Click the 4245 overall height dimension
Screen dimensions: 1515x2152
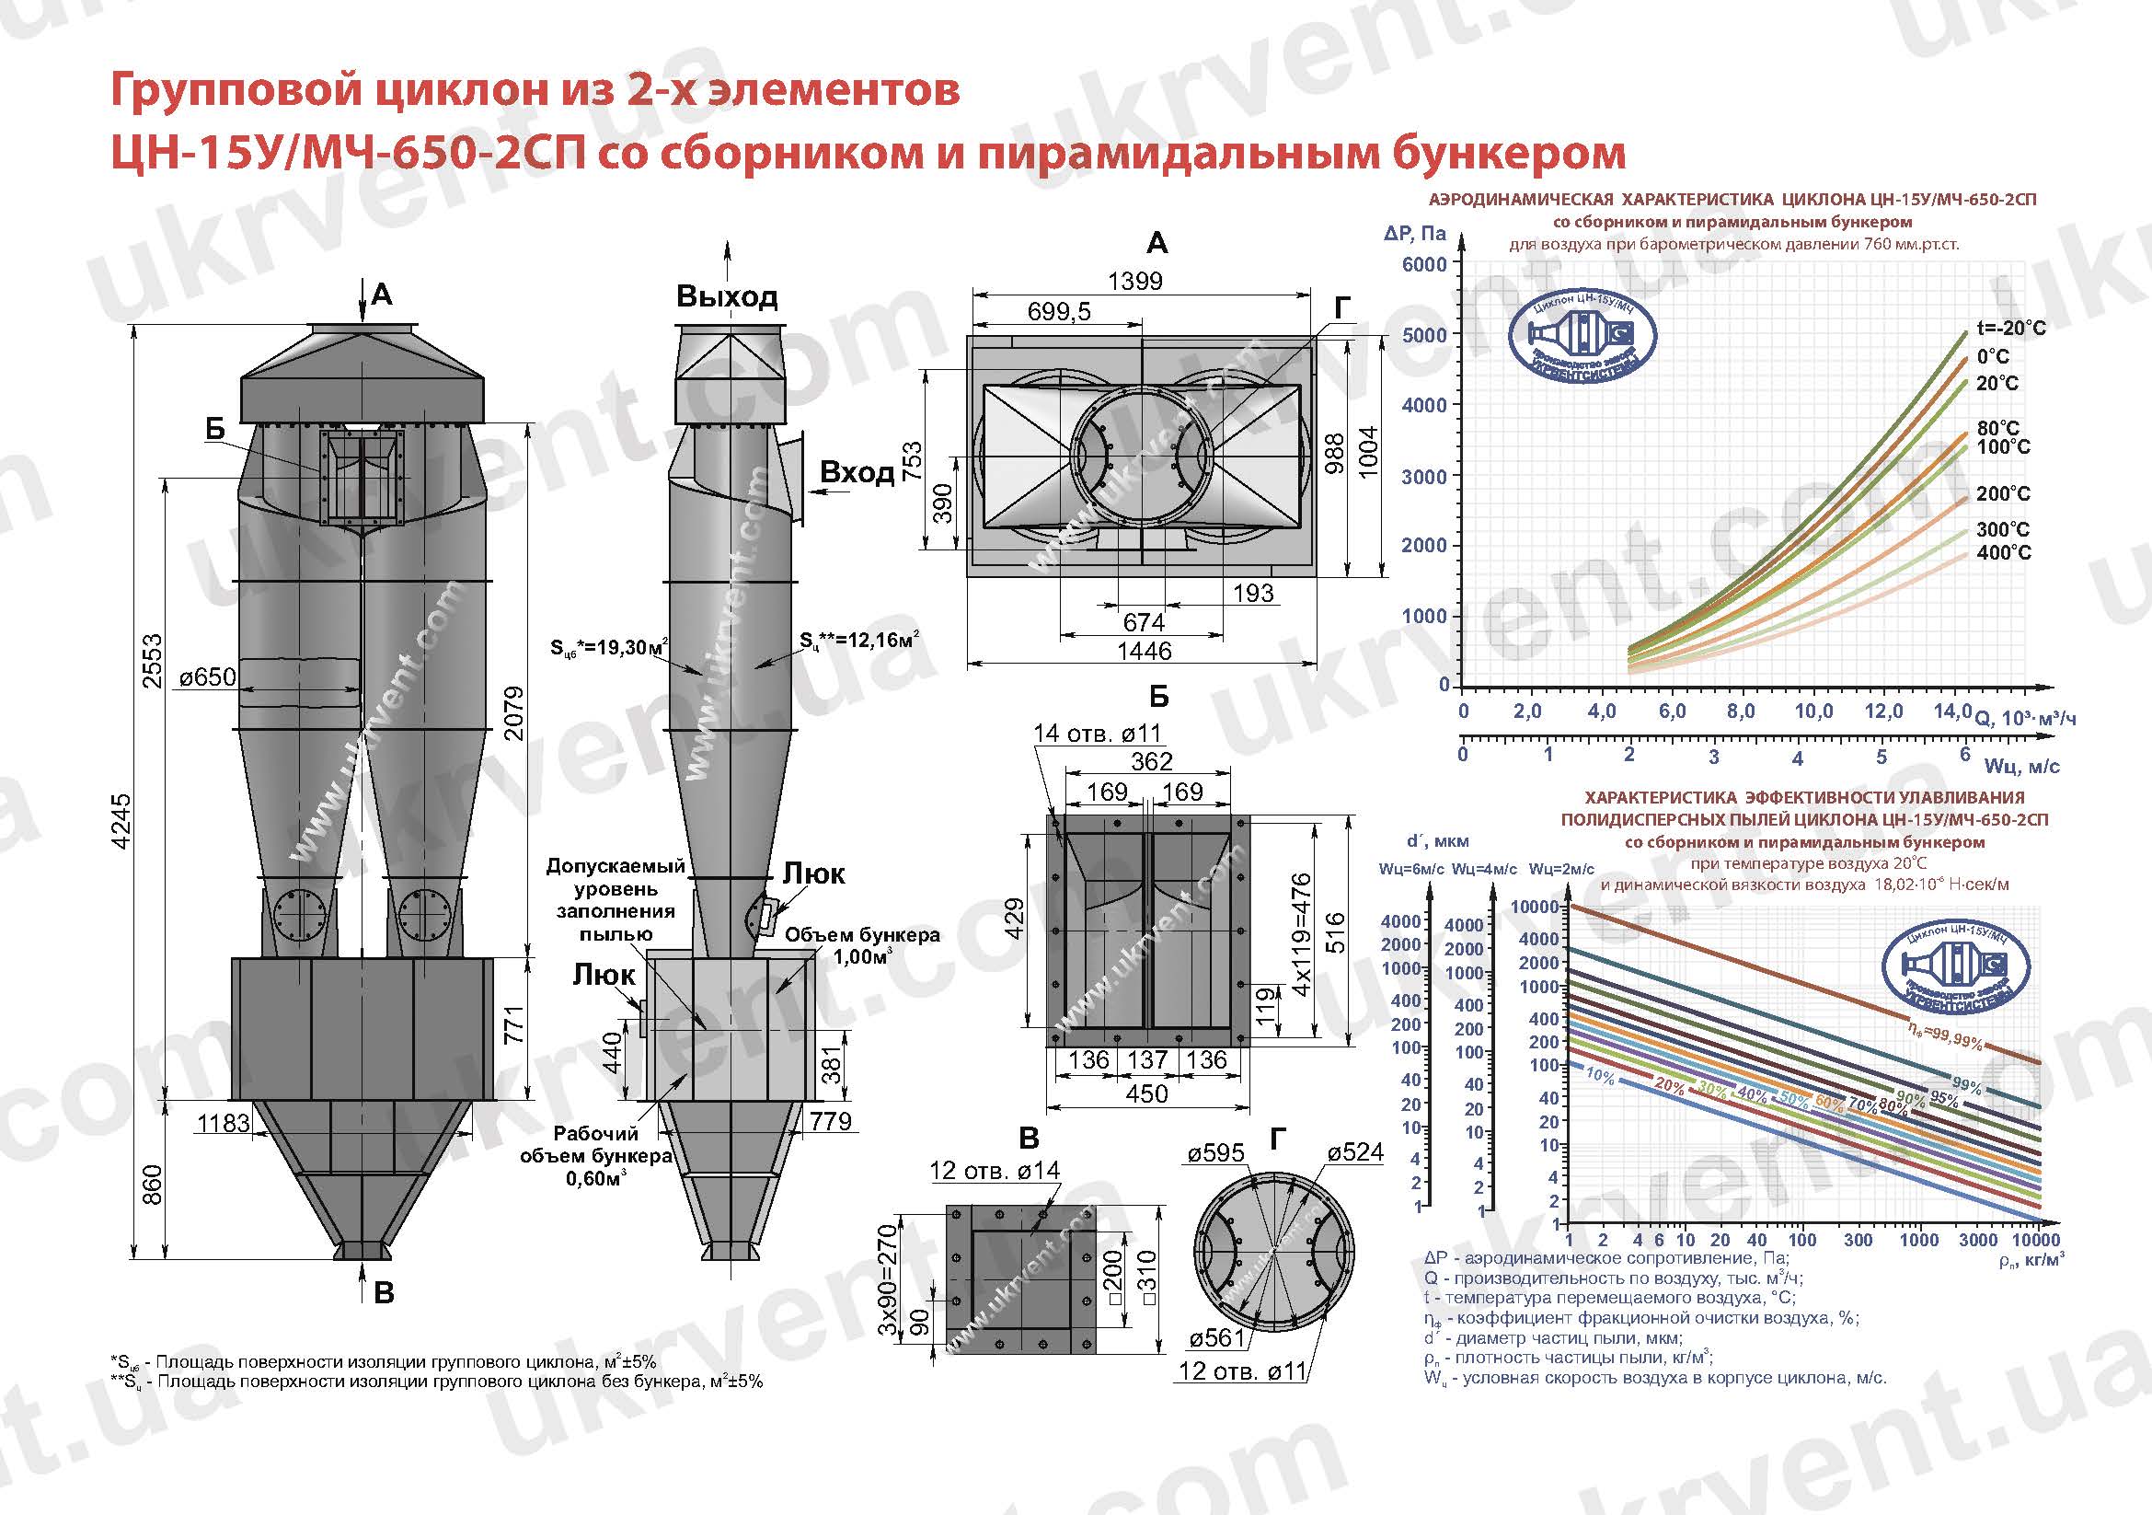pos(121,821)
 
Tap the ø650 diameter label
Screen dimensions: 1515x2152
pos(208,676)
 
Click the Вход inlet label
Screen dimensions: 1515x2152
pos(857,472)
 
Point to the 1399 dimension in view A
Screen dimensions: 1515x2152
pos(1134,281)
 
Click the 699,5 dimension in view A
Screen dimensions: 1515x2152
pos(1059,311)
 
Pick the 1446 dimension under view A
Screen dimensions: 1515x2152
pos(1145,651)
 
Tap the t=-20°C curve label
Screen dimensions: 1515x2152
pos(2010,328)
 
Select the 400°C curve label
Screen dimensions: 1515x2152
pos(2003,553)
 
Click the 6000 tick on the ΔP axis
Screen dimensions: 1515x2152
pos(1423,264)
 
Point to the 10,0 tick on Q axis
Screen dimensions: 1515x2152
pos(1813,711)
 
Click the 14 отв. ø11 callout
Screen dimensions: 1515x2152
pos(1097,734)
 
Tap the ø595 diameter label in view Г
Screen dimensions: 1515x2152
pos(1215,1152)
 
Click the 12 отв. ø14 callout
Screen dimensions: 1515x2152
pos(995,1170)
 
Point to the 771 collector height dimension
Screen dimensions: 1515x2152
pos(512,1024)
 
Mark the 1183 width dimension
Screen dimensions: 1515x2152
pos(224,1122)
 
